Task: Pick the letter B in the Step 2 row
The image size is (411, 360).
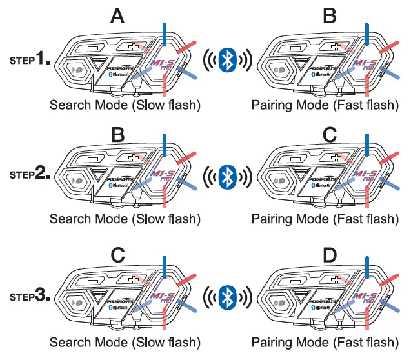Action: [117, 134]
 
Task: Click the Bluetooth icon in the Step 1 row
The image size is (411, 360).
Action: [225, 60]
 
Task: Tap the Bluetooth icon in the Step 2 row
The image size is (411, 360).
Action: [225, 175]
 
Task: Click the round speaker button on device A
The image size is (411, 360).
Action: [78, 69]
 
